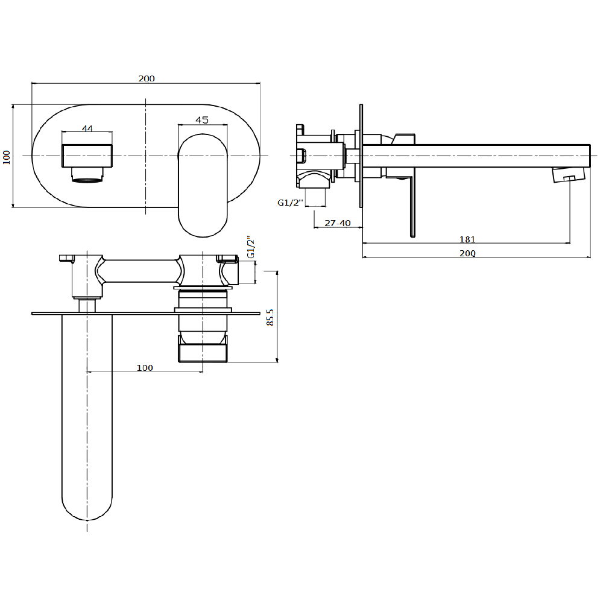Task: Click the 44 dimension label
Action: coord(87,128)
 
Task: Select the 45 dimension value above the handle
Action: coord(202,120)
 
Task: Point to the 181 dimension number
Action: coord(467,239)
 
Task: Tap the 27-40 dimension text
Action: coord(337,223)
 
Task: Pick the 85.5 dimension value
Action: coord(270,317)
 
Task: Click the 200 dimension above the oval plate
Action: coord(146,78)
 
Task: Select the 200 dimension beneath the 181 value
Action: coord(467,253)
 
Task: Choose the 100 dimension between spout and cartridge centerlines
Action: coord(145,368)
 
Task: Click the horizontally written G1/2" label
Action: coord(289,203)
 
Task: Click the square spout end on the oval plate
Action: coord(87,156)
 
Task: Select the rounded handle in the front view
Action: coord(203,185)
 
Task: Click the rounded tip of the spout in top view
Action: coord(87,500)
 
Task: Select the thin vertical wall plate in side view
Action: coord(361,157)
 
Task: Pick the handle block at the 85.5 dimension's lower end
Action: coord(203,349)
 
